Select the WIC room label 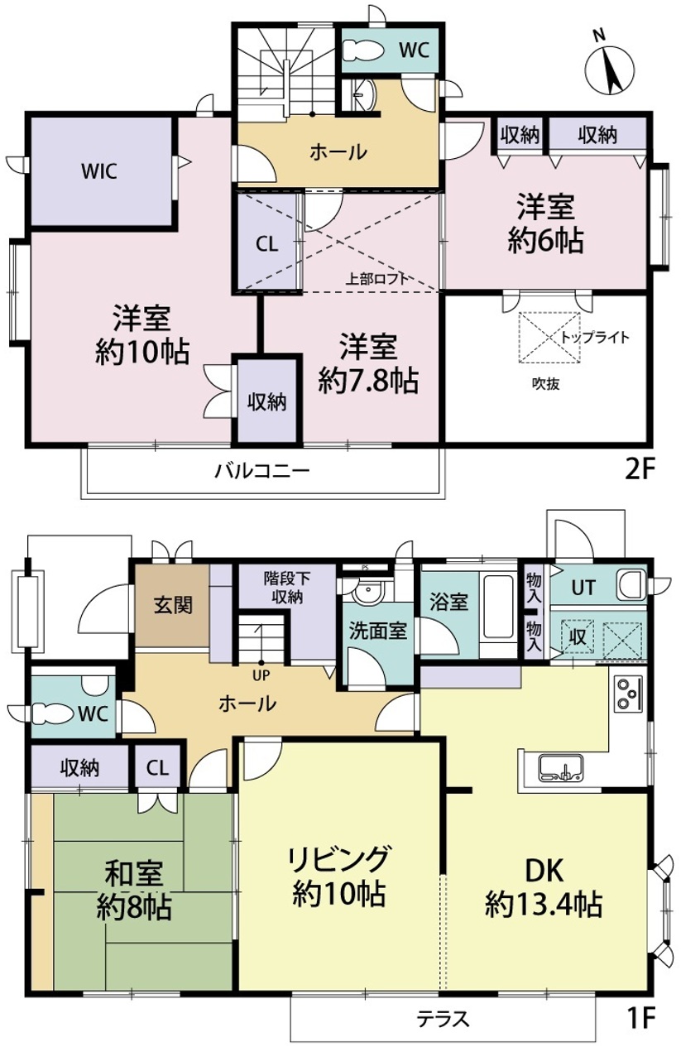[x=99, y=171]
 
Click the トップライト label [x=595, y=337]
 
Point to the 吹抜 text [x=545, y=384]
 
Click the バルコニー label [x=262, y=470]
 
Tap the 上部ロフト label [x=376, y=279]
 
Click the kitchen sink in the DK [x=560, y=767]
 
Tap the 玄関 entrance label [x=173, y=605]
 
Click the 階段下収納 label [x=287, y=588]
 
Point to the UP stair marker [x=261, y=675]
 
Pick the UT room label [x=583, y=588]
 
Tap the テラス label [x=442, y=1018]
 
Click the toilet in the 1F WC [x=53, y=713]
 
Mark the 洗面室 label [x=377, y=631]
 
